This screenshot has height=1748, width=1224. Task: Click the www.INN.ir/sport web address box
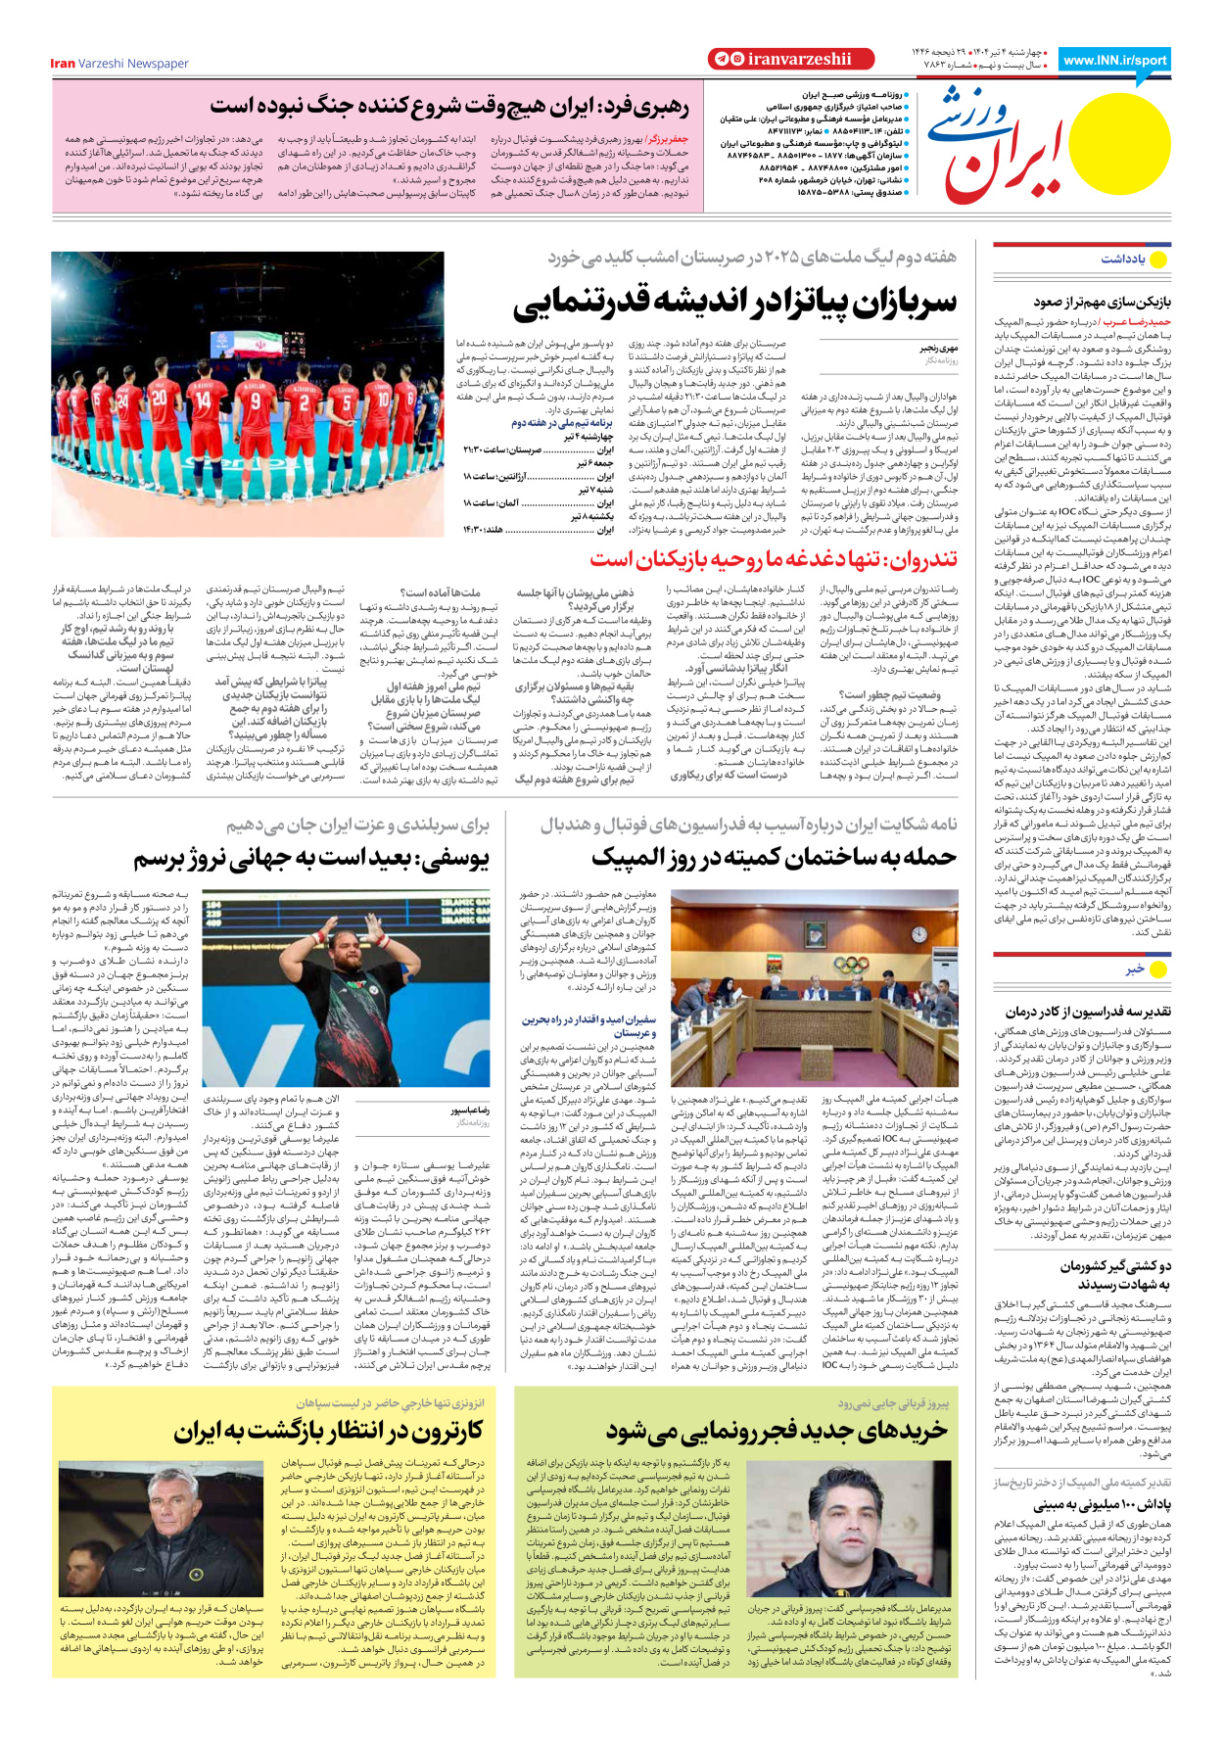1114,60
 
